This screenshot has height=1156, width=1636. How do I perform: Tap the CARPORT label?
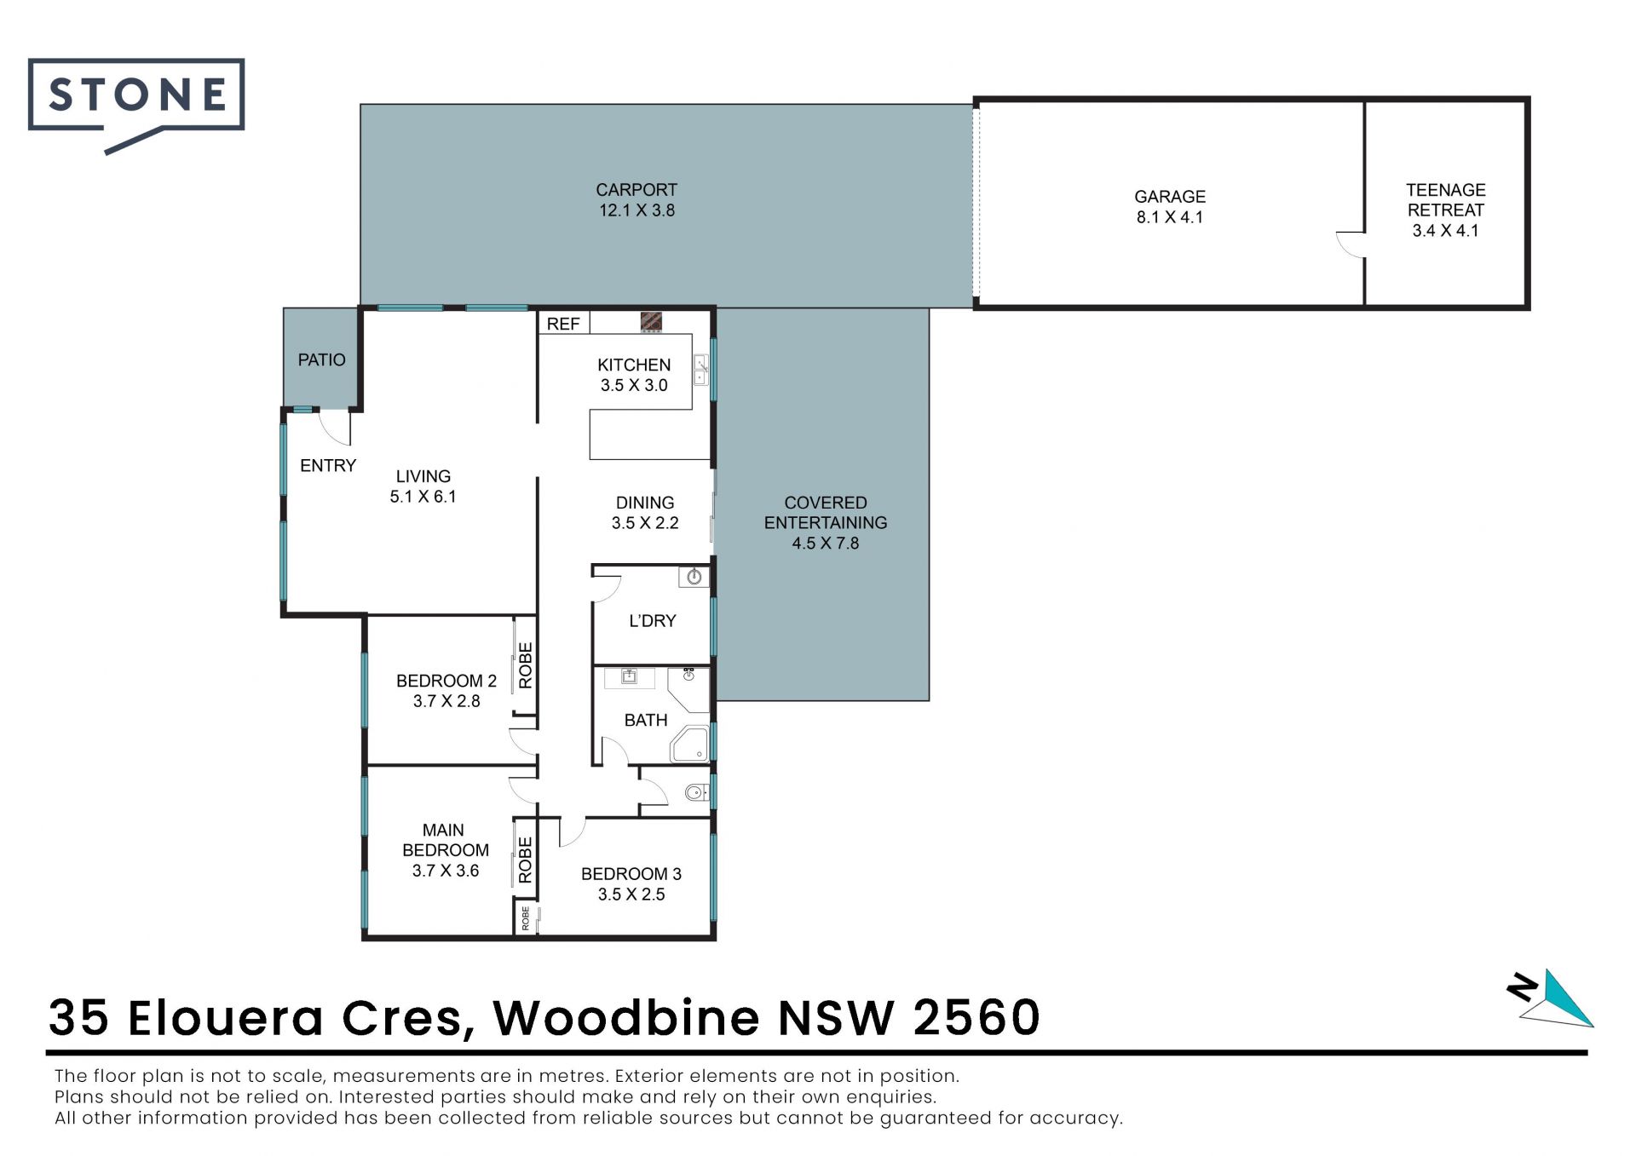637,190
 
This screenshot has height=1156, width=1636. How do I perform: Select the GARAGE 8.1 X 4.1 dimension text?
1169,217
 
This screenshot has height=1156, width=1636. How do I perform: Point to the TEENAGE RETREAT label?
1445,200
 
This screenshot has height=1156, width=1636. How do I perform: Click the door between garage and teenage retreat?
1351,244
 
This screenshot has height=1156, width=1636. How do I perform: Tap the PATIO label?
321,360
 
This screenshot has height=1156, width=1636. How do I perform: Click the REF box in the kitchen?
563,324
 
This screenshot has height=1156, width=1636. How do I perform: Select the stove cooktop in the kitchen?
651,322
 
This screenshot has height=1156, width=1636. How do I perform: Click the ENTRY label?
328,466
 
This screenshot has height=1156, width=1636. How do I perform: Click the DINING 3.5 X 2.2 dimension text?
645,523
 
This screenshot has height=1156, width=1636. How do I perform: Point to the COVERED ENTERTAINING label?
826,513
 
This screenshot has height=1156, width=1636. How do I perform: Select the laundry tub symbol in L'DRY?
694,578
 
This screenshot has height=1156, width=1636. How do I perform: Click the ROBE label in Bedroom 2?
525,665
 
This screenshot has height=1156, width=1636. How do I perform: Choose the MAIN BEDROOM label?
445,840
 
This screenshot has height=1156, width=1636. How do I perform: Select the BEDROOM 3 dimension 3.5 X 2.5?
631,894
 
